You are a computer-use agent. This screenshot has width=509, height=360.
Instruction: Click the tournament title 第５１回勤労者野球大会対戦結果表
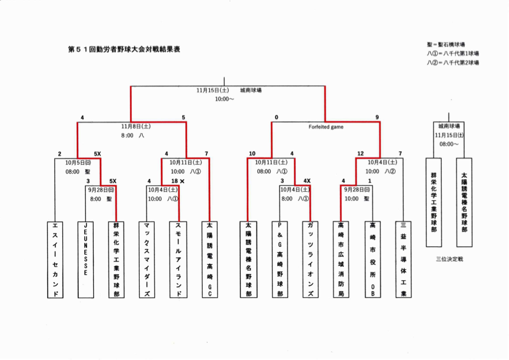point(124,48)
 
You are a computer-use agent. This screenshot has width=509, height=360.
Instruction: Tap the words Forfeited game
point(326,127)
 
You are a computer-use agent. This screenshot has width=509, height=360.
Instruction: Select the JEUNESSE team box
point(86,258)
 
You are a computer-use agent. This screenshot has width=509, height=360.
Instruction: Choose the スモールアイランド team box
point(179,258)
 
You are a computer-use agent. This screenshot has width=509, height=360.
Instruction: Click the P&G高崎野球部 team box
point(279,258)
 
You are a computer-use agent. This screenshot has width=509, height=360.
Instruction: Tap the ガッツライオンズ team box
point(310,258)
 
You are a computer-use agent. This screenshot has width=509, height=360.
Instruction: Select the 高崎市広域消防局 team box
point(341,258)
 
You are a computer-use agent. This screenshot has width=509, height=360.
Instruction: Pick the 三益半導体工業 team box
point(402,258)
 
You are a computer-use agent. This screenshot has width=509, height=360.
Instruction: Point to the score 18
point(174,181)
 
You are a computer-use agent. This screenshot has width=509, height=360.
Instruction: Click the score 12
point(360,154)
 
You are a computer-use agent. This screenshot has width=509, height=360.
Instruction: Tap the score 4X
point(307,181)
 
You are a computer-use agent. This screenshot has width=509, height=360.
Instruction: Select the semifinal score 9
point(377,117)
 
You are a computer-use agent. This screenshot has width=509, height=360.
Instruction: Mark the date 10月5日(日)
point(79,163)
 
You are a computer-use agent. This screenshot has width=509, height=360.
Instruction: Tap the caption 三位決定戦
point(449,259)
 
